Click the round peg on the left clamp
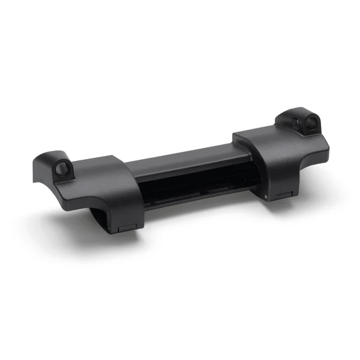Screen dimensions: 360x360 click(62, 170)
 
